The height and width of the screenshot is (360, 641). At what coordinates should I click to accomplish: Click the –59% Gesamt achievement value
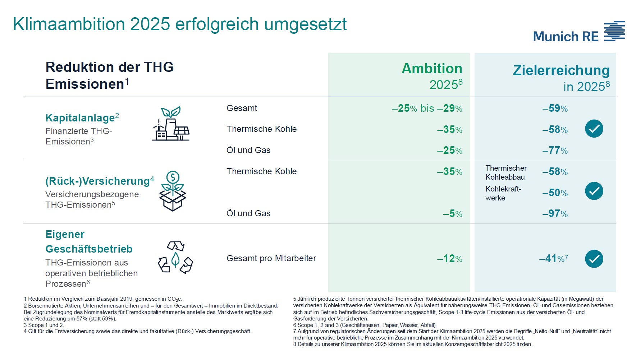tap(555, 109)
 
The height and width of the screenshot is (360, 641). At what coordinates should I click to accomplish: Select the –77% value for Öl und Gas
tap(555, 150)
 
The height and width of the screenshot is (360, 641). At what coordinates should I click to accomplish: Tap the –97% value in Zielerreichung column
tap(555, 214)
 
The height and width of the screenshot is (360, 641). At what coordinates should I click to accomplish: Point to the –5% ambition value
tap(453, 214)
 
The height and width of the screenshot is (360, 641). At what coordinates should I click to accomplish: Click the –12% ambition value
tap(450, 259)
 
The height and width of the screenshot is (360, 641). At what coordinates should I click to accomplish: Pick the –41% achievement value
tap(553, 259)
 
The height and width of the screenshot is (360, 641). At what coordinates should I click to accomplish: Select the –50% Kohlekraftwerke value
tap(555, 193)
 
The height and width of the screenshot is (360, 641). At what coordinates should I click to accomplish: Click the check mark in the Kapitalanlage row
tap(594, 129)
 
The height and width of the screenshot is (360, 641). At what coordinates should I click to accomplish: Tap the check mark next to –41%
tap(594, 259)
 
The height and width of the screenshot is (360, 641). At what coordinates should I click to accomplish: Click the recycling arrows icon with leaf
tap(175, 257)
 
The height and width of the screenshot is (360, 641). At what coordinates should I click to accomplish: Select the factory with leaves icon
tap(170, 124)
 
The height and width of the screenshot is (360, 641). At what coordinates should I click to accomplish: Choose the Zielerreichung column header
tap(561, 78)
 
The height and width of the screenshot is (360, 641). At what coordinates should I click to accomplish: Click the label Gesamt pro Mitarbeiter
tap(271, 258)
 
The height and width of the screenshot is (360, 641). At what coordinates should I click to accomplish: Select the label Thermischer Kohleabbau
tap(506, 172)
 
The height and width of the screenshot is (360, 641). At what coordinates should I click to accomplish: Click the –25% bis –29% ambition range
tap(427, 109)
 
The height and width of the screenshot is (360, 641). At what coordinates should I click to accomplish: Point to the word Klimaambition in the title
tap(69, 24)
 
